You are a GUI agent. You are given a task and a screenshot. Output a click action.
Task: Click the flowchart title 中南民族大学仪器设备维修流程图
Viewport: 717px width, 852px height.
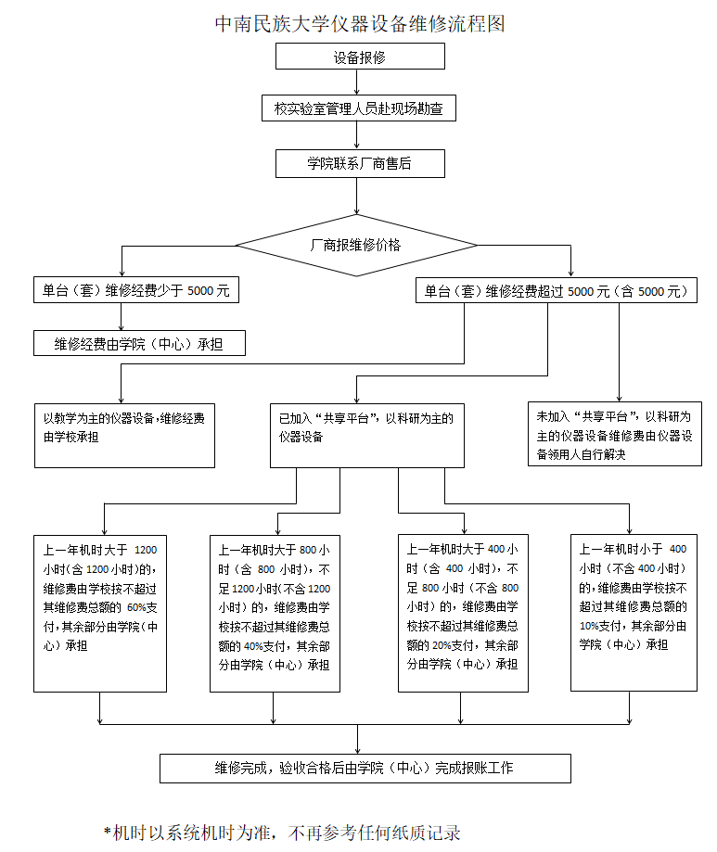click(x=360, y=23)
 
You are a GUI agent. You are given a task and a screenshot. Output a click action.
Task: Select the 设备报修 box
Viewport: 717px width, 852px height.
click(x=360, y=57)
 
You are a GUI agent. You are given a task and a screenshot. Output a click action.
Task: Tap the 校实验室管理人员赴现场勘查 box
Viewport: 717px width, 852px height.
click(x=359, y=108)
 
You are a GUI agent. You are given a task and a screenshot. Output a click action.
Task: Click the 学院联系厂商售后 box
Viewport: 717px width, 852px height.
click(x=359, y=164)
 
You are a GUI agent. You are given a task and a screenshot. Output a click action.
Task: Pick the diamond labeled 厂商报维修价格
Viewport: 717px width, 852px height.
click(x=356, y=245)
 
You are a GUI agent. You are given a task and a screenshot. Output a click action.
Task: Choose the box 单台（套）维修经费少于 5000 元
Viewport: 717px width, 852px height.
click(x=135, y=290)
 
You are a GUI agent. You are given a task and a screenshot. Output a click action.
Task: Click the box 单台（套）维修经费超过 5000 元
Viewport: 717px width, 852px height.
click(x=556, y=290)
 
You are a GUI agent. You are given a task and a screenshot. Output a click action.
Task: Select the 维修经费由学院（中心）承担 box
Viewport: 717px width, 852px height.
click(x=139, y=344)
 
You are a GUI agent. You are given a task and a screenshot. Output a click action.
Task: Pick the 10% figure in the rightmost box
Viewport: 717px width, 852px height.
click(x=590, y=625)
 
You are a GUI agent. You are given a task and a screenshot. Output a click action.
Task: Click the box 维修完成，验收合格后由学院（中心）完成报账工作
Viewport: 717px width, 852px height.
click(x=365, y=768)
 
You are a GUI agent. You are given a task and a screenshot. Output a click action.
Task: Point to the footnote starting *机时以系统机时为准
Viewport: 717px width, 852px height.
click(x=282, y=832)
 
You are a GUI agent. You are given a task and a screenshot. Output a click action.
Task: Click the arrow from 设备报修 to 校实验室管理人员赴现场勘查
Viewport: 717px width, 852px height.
click(x=358, y=82)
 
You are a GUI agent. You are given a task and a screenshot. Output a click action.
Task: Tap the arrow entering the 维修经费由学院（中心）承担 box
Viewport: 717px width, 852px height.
click(x=121, y=318)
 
